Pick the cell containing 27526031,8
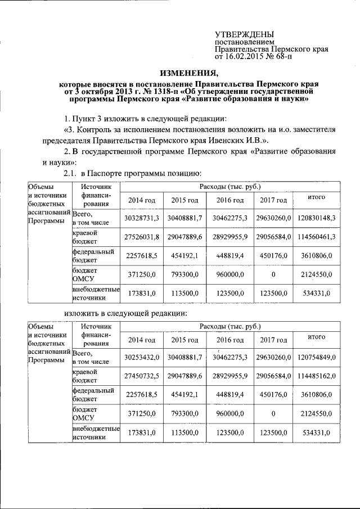pos(143,237)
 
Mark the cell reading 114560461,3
pos(317,237)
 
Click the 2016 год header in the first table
pos(230,200)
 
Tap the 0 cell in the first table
pos(273,274)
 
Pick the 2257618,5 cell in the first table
pos(143,256)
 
